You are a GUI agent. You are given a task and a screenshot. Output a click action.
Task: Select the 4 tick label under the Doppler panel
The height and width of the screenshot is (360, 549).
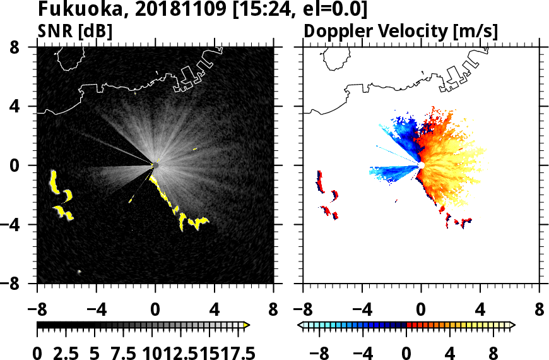[481, 311]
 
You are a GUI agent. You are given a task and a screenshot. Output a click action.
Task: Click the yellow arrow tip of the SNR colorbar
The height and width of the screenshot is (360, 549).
[247, 325]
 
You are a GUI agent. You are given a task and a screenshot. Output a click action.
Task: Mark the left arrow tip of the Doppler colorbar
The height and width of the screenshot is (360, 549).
[300, 325]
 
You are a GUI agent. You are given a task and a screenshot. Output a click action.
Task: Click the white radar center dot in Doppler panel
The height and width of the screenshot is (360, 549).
[421, 165]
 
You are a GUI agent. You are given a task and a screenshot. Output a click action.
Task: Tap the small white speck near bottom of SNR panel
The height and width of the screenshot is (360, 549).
[80, 272]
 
